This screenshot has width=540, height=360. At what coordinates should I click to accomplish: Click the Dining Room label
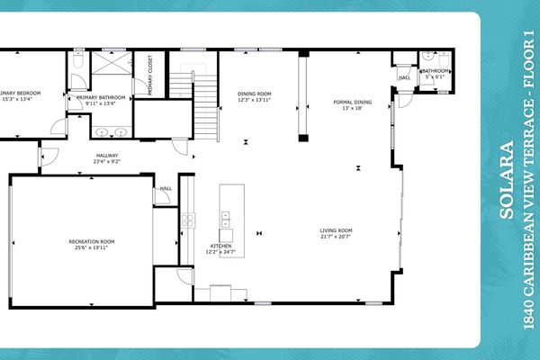click(x=254, y=93)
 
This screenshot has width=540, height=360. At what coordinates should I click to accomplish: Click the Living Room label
click(x=336, y=230)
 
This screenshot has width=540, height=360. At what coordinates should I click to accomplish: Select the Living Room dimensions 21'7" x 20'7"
click(x=336, y=238)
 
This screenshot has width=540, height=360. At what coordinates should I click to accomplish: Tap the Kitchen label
click(x=221, y=246)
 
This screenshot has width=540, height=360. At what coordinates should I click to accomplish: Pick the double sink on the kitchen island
click(x=226, y=219)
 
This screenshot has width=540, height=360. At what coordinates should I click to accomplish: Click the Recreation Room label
click(x=93, y=241)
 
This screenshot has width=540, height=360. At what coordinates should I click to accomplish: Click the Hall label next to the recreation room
click(x=166, y=189)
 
